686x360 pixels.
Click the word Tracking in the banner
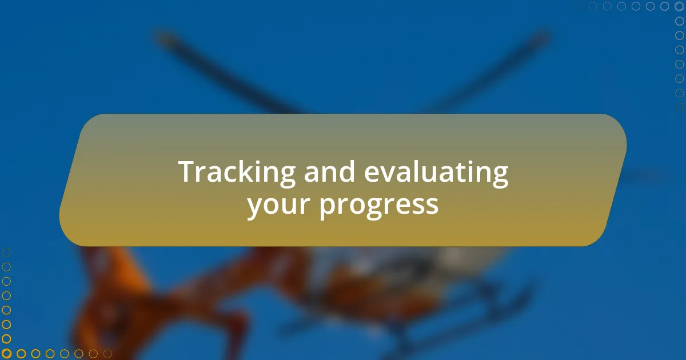237,173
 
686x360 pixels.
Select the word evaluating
436,173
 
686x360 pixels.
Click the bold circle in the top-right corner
679,6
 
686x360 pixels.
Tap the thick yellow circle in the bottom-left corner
6,354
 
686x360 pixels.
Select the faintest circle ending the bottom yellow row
107,354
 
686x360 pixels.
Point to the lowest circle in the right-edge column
679,107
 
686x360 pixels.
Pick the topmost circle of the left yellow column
6,253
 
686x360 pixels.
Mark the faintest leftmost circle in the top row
579,6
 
